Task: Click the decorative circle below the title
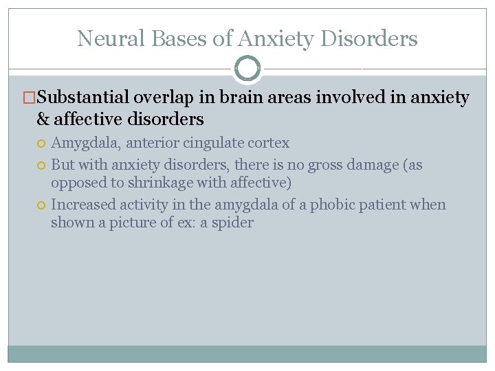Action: point(247,69)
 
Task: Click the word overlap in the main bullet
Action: point(172,98)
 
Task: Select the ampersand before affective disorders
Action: point(43,120)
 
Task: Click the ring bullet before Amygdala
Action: point(42,144)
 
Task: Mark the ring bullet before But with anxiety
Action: point(42,166)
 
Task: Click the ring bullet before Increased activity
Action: point(42,205)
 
